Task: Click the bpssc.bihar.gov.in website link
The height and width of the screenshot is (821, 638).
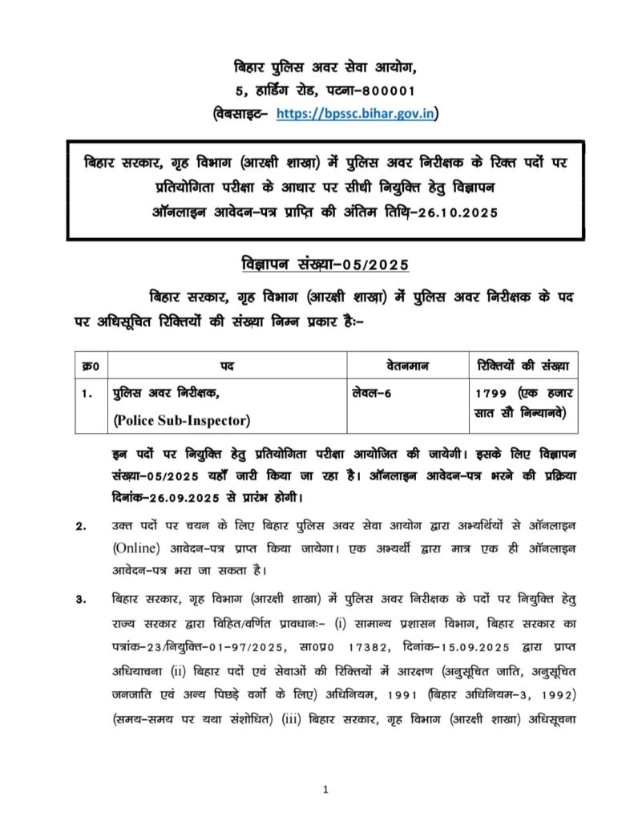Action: coord(356,114)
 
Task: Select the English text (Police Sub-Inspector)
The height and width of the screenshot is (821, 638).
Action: coord(181,419)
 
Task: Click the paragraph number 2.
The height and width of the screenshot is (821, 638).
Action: coord(80,527)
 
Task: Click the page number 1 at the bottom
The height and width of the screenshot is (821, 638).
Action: coord(325,790)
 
